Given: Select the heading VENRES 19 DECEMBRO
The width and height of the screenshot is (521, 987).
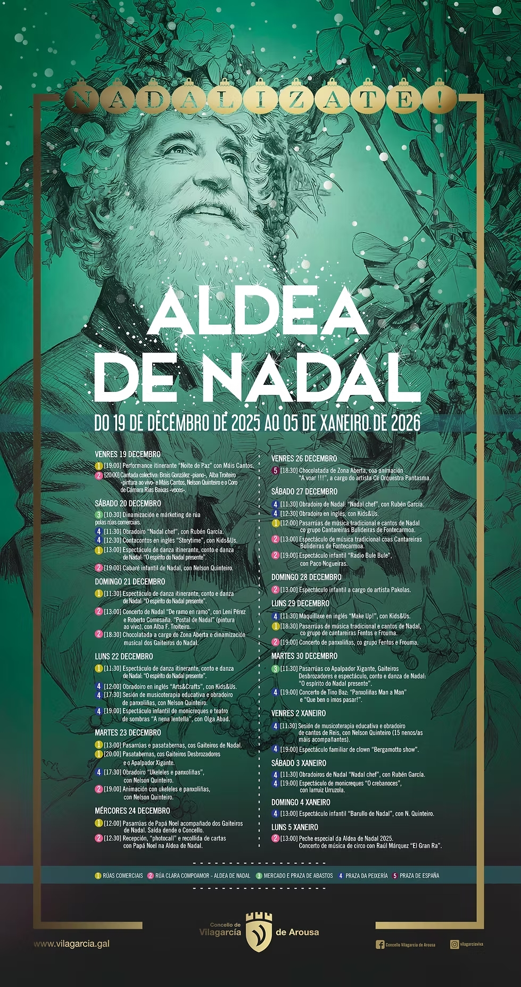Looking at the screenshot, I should [128, 454].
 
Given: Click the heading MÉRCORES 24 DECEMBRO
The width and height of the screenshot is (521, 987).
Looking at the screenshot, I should [133, 811].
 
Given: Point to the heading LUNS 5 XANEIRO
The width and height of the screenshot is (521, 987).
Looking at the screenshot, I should [295, 827].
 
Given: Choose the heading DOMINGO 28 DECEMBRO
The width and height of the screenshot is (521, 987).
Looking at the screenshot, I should [307, 577].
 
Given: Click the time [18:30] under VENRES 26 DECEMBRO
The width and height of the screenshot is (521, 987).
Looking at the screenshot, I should [289, 471].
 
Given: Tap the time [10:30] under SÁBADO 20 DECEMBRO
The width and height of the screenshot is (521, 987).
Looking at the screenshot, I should [112, 515].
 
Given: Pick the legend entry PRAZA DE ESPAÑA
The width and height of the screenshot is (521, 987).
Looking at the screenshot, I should [419, 876].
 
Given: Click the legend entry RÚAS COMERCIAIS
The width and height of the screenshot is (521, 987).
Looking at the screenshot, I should [122, 876].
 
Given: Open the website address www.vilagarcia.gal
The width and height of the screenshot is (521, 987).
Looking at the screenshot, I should [72, 944].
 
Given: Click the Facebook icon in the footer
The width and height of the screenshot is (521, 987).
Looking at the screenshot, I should [380, 944].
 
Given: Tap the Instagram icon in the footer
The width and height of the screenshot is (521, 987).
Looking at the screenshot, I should [454, 944].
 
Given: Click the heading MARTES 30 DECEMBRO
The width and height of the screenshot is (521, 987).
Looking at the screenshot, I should [304, 656].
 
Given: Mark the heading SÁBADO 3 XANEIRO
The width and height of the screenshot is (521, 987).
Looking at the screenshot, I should [299, 763].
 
